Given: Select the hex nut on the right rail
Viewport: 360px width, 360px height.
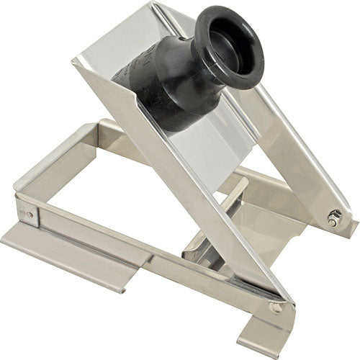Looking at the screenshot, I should (333, 219).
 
